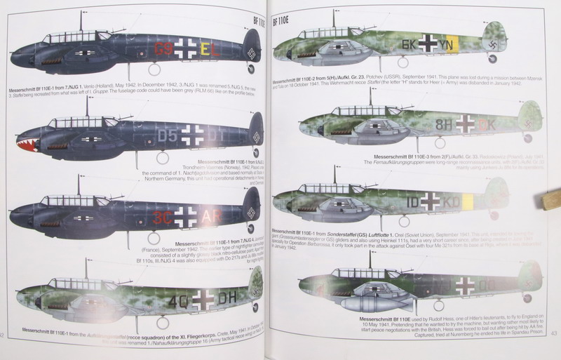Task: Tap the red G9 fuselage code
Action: tap(163, 50)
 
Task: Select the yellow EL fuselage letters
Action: tap(209, 50)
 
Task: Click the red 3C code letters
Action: tap(163, 215)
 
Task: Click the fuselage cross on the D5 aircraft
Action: tap(190, 132)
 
